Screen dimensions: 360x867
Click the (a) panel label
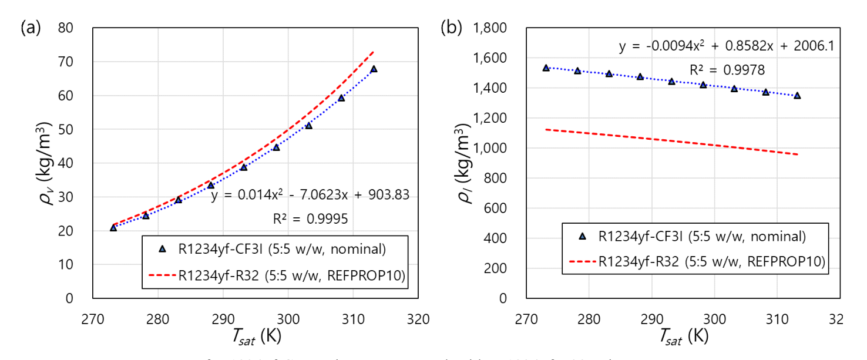pos(31,28)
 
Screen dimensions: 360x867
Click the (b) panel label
pos(452,28)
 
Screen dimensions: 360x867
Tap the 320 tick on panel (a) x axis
pos(418,319)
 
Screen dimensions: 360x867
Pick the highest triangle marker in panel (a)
pos(374,69)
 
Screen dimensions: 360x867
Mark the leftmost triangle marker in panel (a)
pos(113,227)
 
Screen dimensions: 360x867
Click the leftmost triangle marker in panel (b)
pos(546,68)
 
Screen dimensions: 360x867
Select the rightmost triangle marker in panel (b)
pos(797,95)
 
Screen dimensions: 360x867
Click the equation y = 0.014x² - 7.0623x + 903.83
pos(310,195)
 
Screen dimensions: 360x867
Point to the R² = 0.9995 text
pos(311,219)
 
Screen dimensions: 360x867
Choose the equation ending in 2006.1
pos(726,45)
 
